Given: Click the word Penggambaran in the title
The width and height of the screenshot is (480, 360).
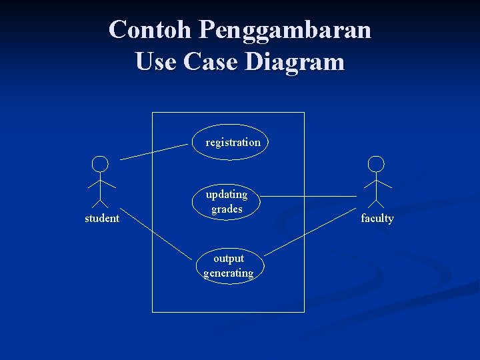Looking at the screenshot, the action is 285,31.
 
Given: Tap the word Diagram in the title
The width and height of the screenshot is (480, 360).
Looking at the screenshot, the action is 295,62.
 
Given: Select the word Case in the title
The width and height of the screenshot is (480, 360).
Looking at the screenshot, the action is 212,62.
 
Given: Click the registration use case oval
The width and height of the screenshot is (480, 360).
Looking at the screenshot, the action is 231,142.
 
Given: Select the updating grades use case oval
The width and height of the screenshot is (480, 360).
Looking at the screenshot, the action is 227,201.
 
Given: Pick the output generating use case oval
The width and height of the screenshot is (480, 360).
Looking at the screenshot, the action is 229,265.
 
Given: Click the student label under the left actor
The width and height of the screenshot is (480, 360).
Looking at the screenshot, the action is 102,218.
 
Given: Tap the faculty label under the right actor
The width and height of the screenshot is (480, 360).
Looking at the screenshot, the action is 377,218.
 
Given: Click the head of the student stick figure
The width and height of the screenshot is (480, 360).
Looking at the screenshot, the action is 100,163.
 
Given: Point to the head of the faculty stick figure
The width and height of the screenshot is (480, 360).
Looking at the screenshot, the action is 377,163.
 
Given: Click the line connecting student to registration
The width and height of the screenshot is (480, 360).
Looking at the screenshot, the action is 153,151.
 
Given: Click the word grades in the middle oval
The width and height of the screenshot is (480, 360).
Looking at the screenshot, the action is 227,209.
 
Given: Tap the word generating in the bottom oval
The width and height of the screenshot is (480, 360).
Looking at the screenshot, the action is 229,273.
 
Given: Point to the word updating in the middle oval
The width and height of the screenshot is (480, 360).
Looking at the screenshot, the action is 227,195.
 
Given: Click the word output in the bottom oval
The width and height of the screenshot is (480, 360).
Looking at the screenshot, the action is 229,259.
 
